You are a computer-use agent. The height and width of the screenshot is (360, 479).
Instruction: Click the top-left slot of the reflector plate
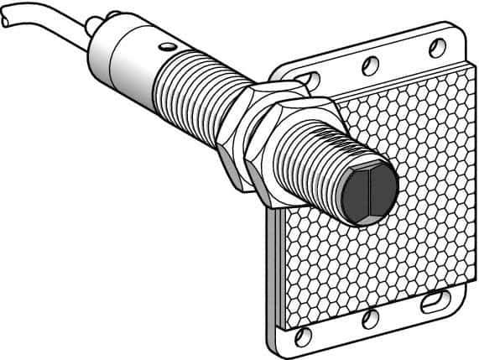[x=310, y=81]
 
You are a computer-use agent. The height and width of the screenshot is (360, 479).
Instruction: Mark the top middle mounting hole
[x=366, y=61]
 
